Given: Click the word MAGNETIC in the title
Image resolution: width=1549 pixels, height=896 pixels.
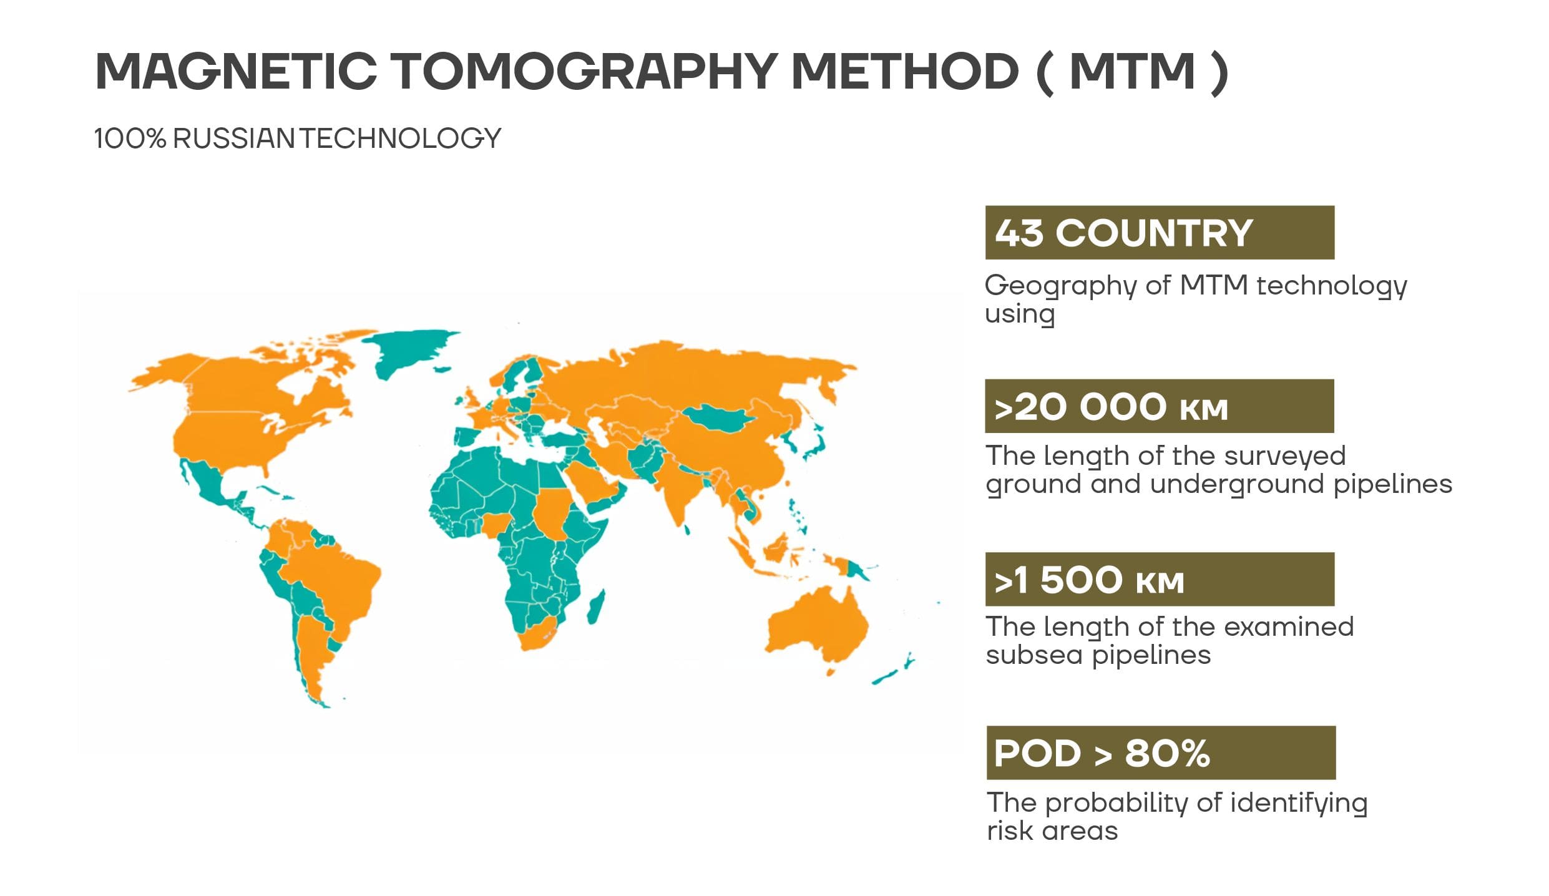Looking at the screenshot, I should (x=236, y=71).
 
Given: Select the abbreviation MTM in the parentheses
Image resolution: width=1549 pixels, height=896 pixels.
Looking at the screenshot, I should (x=1132, y=71).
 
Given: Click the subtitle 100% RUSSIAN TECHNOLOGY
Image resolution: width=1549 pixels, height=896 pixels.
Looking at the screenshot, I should (x=297, y=139).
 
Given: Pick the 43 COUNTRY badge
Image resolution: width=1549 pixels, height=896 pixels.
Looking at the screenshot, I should (x=1159, y=233).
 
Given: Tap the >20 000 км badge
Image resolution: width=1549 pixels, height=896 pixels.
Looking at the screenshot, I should (x=1159, y=406).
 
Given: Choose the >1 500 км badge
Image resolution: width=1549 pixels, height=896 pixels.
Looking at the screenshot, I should (x=1159, y=579).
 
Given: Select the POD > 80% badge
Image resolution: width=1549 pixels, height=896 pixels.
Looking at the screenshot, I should (x=1160, y=752).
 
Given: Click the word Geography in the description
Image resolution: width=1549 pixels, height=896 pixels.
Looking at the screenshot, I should (x=1060, y=286).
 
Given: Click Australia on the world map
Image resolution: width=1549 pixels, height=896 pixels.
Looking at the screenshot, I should (x=818, y=624).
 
